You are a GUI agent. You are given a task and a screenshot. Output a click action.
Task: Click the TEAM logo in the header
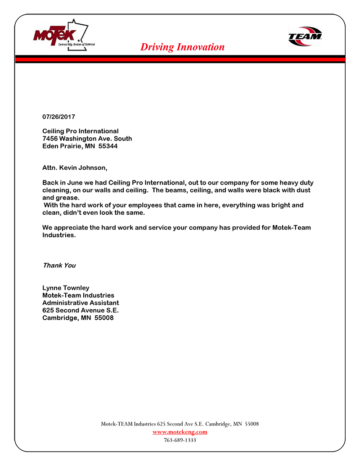point(305,36)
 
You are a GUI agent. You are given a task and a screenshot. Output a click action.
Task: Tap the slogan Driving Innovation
point(182,47)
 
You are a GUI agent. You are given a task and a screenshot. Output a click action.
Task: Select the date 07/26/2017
point(58,117)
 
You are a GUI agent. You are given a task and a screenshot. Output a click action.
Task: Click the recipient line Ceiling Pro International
point(81,131)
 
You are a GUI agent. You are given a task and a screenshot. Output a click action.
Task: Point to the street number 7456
point(50,139)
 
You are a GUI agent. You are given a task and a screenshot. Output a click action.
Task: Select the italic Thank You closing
point(59,265)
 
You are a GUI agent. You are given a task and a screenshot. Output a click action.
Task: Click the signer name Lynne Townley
point(66,288)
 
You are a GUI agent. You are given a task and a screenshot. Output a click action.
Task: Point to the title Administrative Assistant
point(81,303)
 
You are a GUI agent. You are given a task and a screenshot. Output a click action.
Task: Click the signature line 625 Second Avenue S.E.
point(81,310)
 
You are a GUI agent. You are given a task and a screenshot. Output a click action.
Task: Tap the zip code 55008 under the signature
point(104,317)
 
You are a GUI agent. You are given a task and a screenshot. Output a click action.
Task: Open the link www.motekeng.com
point(180,432)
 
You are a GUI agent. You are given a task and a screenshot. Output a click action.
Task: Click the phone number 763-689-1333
point(180,440)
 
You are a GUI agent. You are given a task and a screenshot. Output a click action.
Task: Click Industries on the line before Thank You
point(58,235)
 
